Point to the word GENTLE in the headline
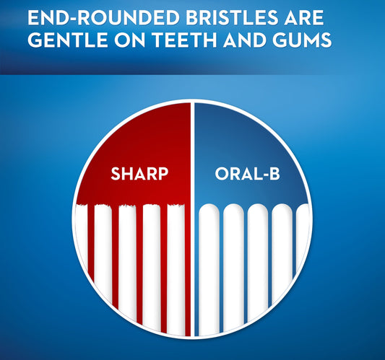(x=62, y=41)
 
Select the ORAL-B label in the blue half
(x=245, y=174)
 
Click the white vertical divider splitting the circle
(x=192, y=216)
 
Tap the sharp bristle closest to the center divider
(x=176, y=267)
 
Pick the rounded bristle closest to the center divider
(x=209, y=267)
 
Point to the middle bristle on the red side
(x=127, y=267)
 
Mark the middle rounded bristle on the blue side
(x=257, y=267)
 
